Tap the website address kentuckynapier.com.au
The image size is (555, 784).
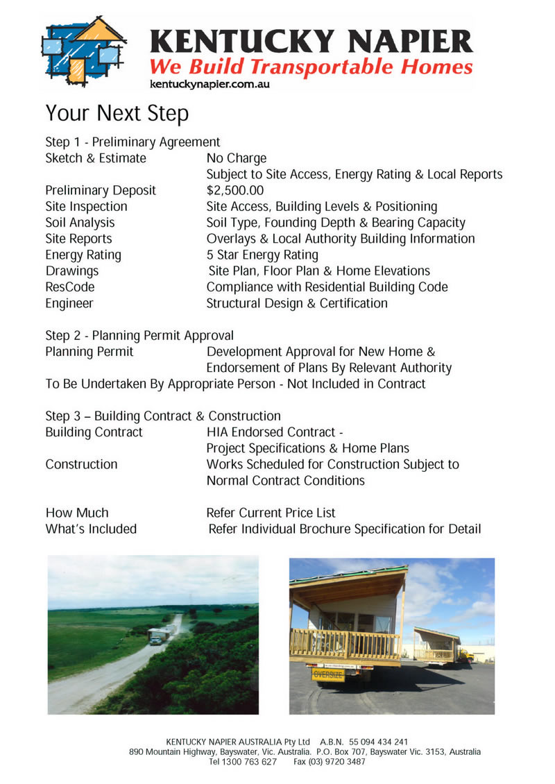210,84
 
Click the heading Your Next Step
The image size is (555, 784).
117,113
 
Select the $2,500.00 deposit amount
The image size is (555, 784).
235,190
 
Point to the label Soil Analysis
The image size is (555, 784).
80,223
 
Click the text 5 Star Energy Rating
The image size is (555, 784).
262,255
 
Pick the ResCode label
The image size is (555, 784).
70,287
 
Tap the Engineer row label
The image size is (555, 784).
69,303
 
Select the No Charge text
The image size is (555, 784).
237,158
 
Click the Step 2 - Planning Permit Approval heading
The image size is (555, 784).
139,336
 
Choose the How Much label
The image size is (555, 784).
77,513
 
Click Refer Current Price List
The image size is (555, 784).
271,513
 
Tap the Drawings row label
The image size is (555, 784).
72,271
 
